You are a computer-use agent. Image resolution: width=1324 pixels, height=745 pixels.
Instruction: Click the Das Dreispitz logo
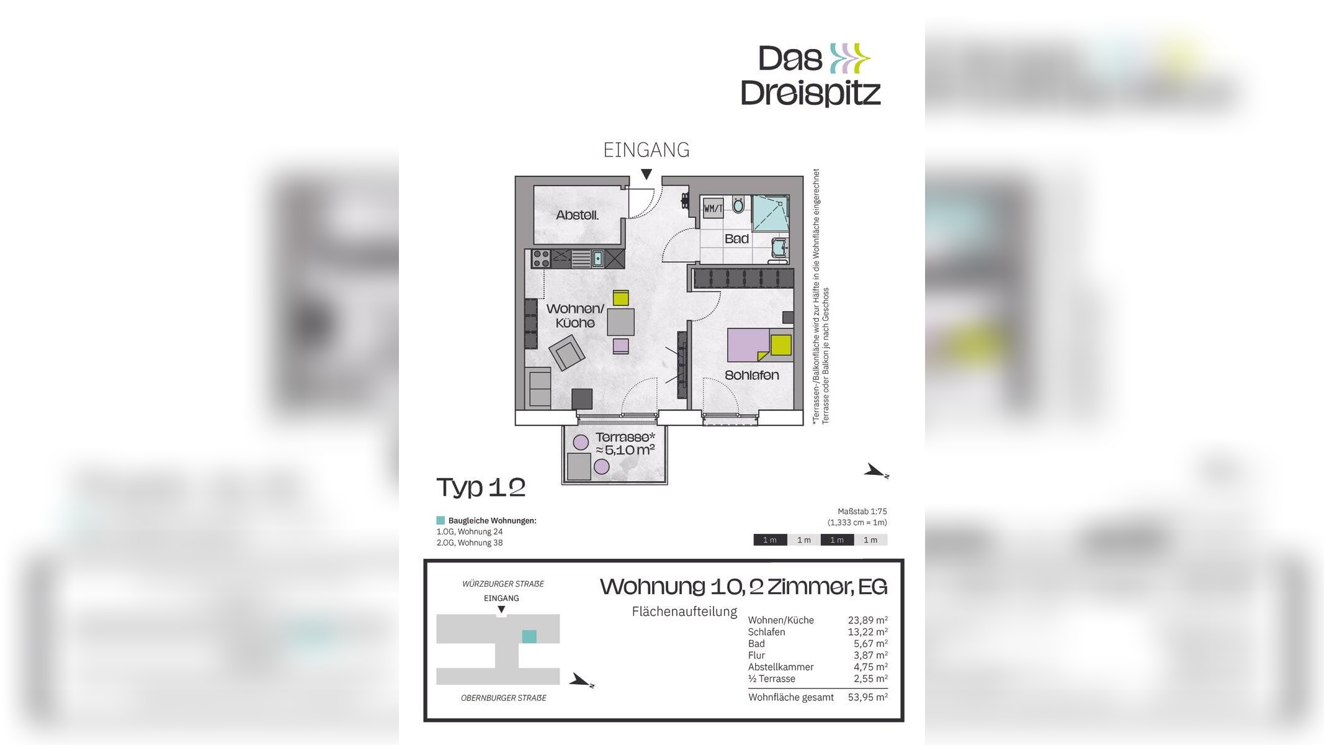pos(811,75)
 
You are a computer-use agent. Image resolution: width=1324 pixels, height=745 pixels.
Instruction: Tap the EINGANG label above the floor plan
pos(646,150)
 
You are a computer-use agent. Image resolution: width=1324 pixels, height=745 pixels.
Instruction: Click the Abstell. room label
pos(577,215)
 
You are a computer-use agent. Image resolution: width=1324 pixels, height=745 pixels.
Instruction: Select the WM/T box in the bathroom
pos(713,209)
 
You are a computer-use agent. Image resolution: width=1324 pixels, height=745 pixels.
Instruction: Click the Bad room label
pos(736,239)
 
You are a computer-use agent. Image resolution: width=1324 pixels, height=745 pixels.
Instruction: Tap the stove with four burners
pos(541,258)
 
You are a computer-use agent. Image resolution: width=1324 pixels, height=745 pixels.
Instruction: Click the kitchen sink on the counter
pos(597,258)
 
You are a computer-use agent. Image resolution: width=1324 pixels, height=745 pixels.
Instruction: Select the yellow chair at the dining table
pos(620,298)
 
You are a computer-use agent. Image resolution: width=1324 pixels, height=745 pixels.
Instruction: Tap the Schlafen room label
pos(751,376)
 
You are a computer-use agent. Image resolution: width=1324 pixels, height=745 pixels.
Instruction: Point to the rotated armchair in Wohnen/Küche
pos(567,353)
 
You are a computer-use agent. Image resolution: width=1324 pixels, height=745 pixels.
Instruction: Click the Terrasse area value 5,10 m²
pos(625,450)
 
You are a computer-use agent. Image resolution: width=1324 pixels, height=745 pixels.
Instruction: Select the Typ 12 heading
pos(481,487)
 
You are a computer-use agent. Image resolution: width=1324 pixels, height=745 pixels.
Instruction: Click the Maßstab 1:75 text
pos(862,512)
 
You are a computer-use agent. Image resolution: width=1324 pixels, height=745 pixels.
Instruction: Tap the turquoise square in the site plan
pos(529,636)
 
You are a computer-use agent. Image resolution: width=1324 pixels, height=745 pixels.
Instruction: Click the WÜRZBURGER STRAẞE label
pos(503,584)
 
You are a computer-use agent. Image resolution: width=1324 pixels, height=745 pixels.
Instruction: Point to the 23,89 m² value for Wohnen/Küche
pos(867,620)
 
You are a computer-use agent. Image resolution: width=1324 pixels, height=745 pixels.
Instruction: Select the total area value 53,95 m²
pos(867,697)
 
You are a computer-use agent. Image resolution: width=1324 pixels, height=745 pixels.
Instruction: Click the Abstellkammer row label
pos(781,667)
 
